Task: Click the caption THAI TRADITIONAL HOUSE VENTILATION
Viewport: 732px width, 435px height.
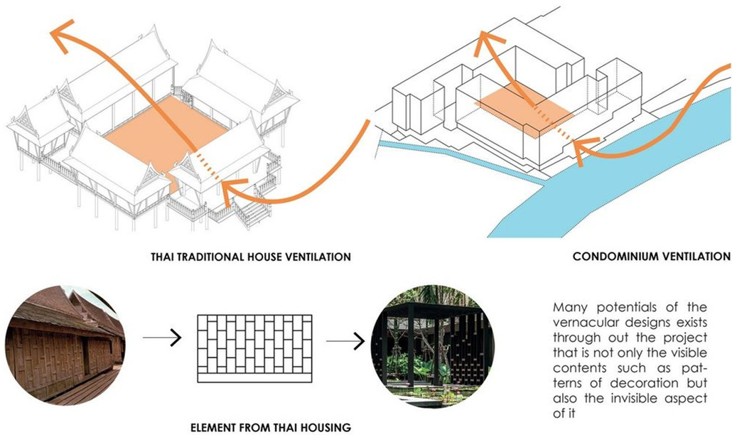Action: [252, 257]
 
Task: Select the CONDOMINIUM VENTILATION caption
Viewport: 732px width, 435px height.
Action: [651, 257]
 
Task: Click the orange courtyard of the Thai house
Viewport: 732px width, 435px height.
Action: [163, 135]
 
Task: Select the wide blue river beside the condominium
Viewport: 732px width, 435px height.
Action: [640, 178]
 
